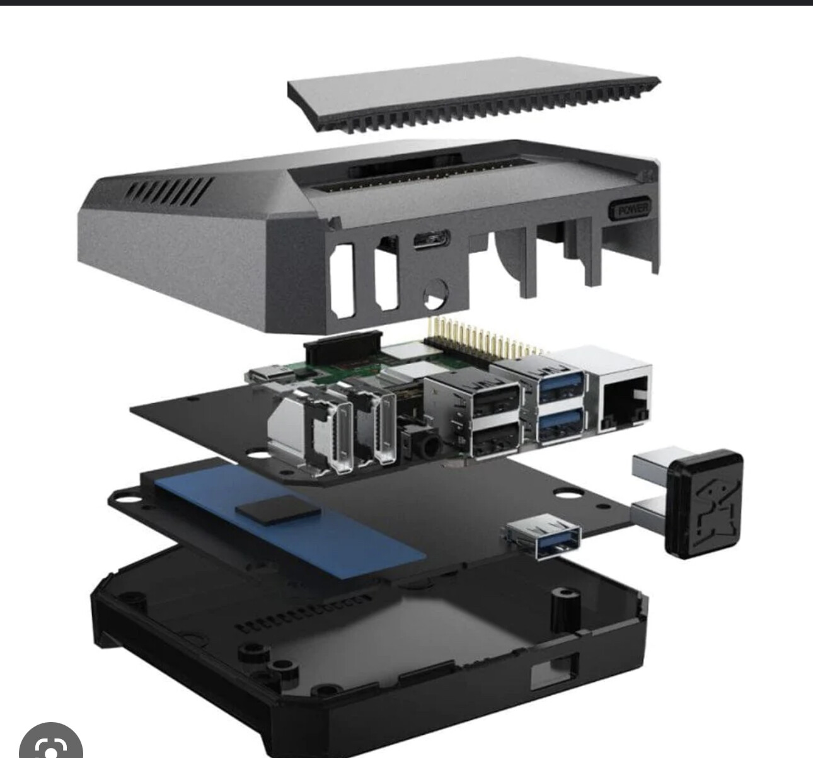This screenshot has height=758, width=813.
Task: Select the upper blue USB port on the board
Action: (x=560, y=388)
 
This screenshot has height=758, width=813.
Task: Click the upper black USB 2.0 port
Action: (x=495, y=398)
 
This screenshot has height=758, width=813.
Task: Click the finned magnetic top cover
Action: (x=473, y=93)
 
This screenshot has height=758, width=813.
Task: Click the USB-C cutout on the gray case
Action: (x=432, y=239)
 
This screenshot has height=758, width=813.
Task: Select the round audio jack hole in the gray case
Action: (x=435, y=294)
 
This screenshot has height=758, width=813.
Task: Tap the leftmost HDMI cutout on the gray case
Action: (x=343, y=280)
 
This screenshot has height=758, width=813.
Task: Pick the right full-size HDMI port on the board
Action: (x=386, y=430)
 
